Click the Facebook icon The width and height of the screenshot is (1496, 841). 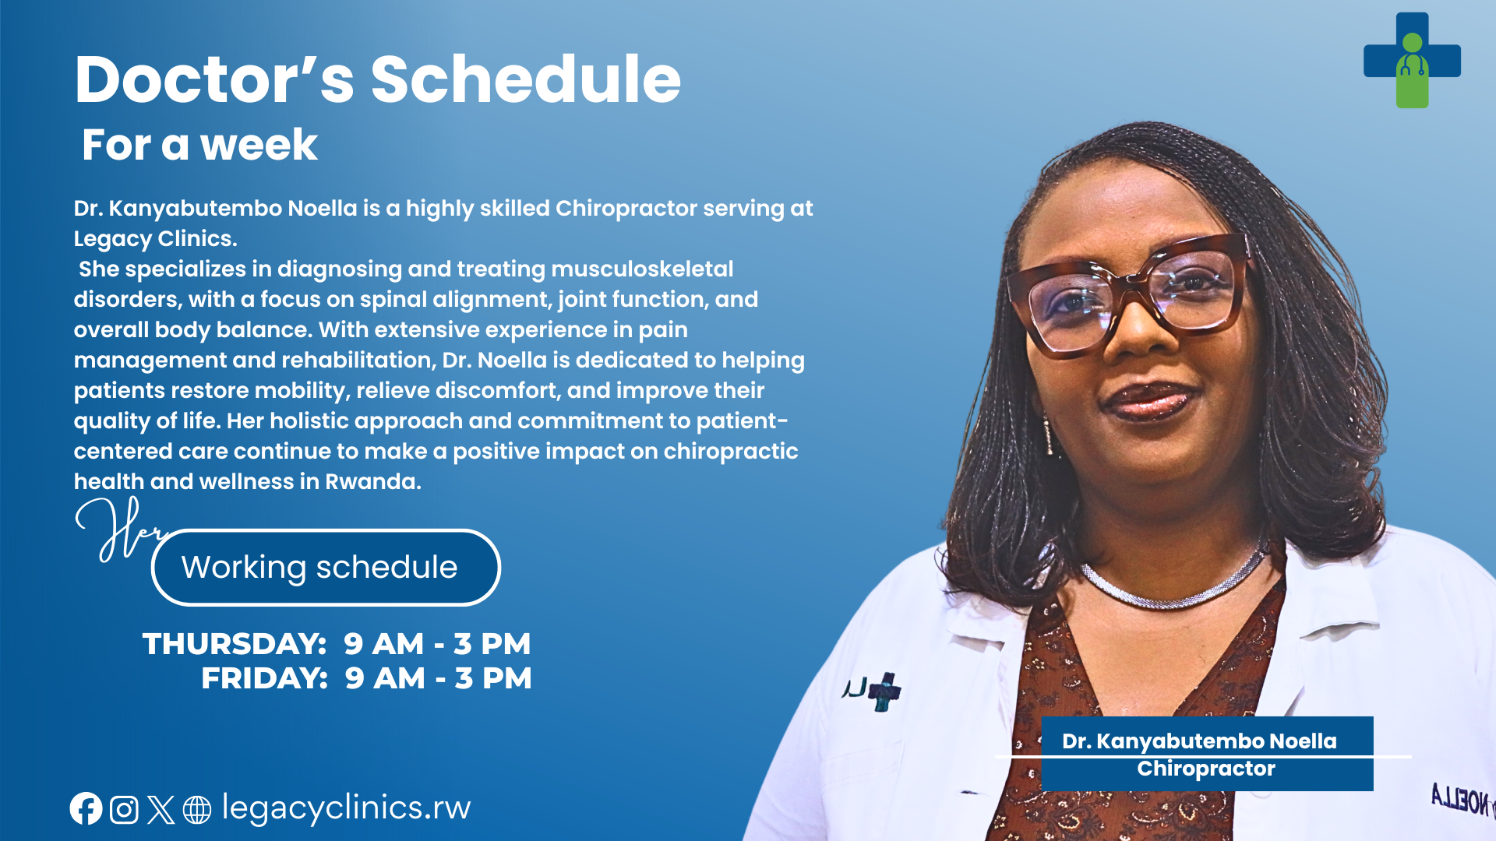point(86,809)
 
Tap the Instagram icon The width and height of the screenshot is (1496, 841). point(124,810)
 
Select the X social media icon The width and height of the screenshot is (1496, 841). point(161,810)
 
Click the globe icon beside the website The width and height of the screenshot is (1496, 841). point(196,810)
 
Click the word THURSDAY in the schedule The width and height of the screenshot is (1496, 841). point(234,644)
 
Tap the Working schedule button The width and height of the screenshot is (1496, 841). point(326,567)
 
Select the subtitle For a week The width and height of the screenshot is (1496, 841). point(199,145)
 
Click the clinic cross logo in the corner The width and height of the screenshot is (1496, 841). point(1412,60)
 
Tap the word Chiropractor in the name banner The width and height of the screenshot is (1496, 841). point(1206,769)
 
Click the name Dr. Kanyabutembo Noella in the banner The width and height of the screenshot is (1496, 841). point(1199,741)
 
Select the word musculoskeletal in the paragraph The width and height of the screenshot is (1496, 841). point(642,269)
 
